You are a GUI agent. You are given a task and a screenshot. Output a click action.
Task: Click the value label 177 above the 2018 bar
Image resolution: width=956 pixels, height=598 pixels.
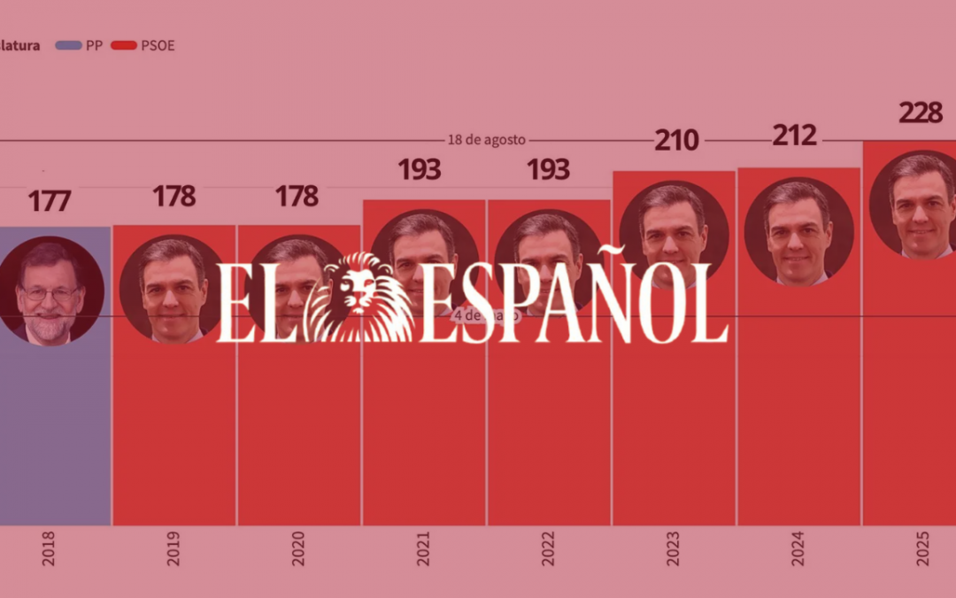49,201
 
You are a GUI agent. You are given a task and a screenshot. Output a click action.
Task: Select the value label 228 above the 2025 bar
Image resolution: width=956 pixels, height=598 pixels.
921,113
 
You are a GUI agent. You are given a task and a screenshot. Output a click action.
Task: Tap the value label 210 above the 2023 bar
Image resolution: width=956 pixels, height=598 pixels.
676,141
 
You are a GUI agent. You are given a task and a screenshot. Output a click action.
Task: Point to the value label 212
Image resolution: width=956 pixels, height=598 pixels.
795,136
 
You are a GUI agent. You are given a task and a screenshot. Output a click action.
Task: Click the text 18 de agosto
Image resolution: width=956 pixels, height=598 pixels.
486,140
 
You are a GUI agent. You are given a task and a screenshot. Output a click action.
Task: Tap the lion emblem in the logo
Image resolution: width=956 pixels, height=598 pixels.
358,298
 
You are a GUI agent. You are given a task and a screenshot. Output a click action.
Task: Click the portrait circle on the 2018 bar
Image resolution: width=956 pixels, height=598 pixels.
50,291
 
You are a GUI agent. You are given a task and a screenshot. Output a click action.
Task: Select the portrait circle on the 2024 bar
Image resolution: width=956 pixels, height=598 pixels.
798,231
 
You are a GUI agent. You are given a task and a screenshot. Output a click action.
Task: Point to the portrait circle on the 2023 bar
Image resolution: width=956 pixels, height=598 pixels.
674,235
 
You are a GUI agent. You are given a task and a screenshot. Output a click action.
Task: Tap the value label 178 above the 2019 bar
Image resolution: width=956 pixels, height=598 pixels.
173,197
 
